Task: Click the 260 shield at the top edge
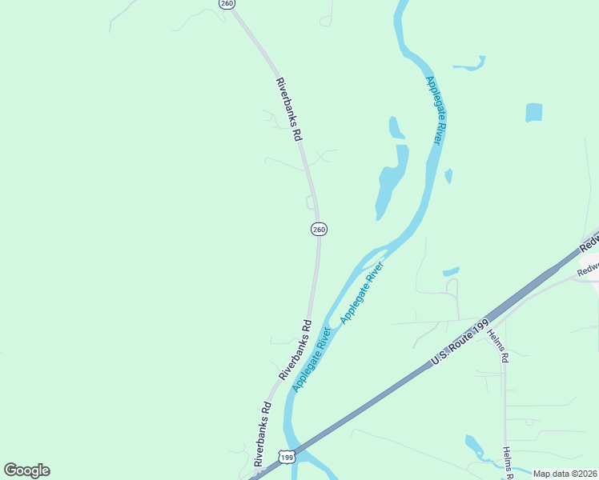[227, 4]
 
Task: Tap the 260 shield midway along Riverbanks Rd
[319, 230]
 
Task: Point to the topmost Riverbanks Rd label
[288, 110]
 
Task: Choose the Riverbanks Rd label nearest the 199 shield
[263, 434]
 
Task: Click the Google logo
[26, 470]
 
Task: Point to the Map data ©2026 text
[565, 474]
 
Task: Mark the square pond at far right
[534, 113]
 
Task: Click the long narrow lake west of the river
[392, 181]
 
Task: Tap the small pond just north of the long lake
[396, 128]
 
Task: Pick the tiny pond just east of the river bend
[448, 175]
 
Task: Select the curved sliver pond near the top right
[470, 64]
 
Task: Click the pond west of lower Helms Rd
[475, 446]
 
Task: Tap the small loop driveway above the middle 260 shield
[310, 202]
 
